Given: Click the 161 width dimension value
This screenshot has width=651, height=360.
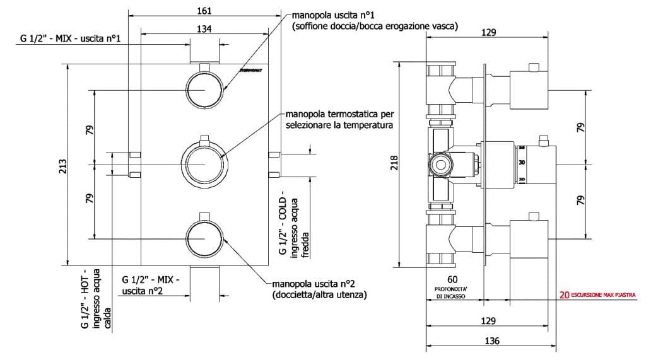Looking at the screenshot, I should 204,10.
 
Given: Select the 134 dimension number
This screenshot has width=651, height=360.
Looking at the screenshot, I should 204,28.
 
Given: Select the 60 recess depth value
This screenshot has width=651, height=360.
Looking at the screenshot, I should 452,279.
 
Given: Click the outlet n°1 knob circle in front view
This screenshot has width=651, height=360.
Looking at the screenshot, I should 205,89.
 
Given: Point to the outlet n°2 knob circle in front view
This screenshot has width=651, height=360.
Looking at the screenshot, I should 205,240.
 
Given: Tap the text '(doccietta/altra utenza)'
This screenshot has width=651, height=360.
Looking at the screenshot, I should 320,294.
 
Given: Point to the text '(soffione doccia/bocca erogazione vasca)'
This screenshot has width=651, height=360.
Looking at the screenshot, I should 375,26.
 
